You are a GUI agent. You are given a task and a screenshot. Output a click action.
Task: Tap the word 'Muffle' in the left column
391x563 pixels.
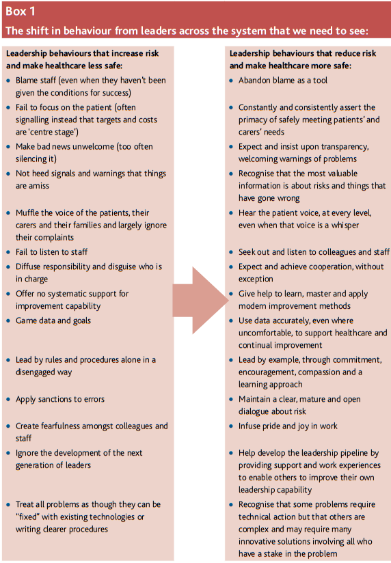point(29,212)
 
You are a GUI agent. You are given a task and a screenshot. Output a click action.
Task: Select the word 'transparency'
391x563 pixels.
point(344,146)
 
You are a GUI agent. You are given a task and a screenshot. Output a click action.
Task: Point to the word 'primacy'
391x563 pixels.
point(254,120)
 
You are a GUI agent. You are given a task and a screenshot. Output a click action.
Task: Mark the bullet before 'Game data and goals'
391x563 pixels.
point(8,320)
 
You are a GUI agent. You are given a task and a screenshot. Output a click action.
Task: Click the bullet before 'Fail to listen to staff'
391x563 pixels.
point(8,253)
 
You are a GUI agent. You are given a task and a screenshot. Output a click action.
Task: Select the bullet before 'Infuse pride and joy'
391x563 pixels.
point(231,426)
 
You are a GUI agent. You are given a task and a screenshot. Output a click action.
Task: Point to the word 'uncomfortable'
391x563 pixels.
point(267,333)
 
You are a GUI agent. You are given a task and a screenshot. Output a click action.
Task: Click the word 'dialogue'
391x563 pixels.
point(256,412)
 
